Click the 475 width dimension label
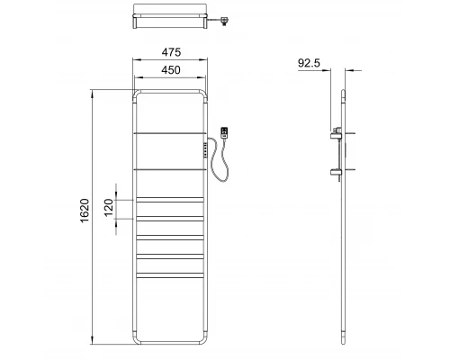[171, 52]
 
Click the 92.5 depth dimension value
[309, 64]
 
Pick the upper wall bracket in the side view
[339, 135]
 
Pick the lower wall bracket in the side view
[339, 171]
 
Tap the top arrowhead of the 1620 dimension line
[94, 91]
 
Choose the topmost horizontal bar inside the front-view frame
[171, 133]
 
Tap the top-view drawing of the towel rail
[171, 18]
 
